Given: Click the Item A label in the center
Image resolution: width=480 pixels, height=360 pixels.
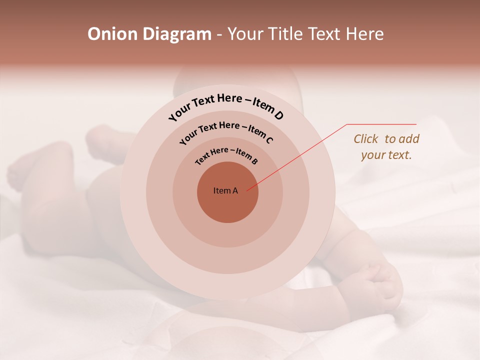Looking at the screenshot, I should click(x=225, y=190).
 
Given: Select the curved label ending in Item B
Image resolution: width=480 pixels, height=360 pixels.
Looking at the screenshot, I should click(x=226, y=154).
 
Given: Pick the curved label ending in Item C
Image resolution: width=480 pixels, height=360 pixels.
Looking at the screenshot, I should click(x=226, y=131).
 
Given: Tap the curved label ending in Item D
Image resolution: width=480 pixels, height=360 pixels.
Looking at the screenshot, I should click(x=226, y=106).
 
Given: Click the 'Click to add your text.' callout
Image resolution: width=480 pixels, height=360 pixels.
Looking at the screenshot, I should click(x=386, y=146).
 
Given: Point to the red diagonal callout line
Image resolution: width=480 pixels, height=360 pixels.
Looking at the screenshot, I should click(x=297, y=157).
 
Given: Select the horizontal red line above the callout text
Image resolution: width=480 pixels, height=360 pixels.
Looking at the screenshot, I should click(x=381, y=124).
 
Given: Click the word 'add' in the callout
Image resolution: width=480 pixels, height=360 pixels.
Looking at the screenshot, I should click(x=409, y=139).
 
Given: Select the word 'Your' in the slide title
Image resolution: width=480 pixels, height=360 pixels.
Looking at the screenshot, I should click(x=246, y=34).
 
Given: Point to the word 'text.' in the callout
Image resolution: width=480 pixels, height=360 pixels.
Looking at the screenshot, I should click(x=400, y=154).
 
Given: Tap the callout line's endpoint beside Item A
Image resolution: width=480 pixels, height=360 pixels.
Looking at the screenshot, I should click(x=247, y=190).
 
